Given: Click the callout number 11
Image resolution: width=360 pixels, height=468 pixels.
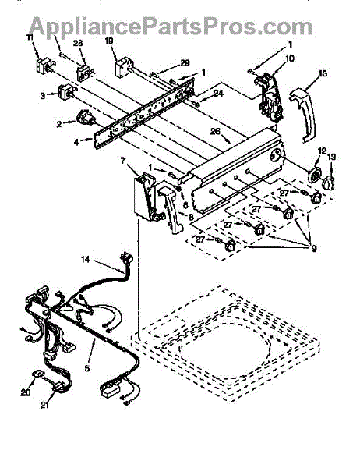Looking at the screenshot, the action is pyautogui.click(x=30, y=37).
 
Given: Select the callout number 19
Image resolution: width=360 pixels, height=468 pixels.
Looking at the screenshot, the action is pyautogui.click(x=109, y=41).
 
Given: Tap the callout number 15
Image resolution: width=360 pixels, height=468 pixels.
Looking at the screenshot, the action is pyautogui.click(x=323, y=73).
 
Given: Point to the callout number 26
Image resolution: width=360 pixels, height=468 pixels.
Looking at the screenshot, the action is pyautogui.click(x=215, y=131).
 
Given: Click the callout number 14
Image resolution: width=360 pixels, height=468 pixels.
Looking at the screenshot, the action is pyautogui.click(x=85, y=260).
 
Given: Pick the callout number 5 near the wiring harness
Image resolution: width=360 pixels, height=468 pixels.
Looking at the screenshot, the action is pyautogui.click(x=86, y=368).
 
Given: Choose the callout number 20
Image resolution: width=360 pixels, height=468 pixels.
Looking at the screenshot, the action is pyautogui.click(x=26, y=392).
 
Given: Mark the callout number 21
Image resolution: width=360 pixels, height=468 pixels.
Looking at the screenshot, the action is pyautogui.click(x=44, y=405).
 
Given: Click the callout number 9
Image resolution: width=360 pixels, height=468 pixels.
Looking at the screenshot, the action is pyautogui.click(x=314, y=248).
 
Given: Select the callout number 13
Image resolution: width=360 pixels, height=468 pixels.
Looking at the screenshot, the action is pyautogui.click(x=332, y=157).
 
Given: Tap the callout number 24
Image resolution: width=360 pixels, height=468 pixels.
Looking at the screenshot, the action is pyautogui.click(x=218, y=94).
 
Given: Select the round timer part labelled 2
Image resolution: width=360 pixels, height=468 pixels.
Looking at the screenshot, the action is pyautogui.click(x=85, y=118).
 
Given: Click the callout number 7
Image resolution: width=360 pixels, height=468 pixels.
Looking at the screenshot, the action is pyautogui.click(x=123, y=161).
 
